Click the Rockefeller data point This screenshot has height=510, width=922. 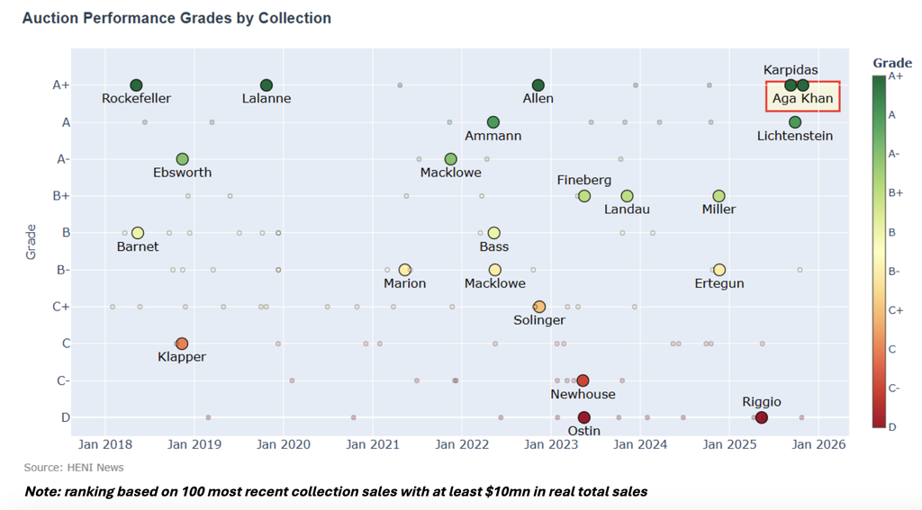pyautogui.click(x=136, y=85)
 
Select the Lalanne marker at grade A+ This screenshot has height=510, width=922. pyautogui.click(x=267, y=85)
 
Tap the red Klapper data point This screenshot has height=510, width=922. pyautogui.click(x=182, y=344)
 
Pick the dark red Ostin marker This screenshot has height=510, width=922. pyautogui.click(x=583, y=417)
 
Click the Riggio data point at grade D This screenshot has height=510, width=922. pyautogui.click(x=762, y=417)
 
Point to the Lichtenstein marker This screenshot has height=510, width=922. pyautogui.click(x=794, y=122)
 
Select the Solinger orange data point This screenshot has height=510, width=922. pyautogui.click(x=539, y=307)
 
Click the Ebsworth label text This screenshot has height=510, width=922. pyautogui.click(x=183, y=173)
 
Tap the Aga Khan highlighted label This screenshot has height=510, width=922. pyautogui.click(x=803, y=98)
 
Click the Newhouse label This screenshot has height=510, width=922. pyautogui.click(x=583, y=394)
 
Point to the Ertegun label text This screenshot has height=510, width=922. pyautogui.click(x=719, y=283)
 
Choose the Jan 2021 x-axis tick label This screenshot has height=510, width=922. pyautogui.click(x=373, y=444)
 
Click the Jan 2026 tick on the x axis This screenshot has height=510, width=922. pyautogui.click(x=817, y=444)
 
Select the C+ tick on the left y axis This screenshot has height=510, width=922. pyautogui.click(x=60, y=307)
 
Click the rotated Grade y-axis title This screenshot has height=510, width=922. pyautogui.click(x=31, y=243)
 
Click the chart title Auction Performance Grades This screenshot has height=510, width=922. pyautogui.click(x=176, y=18)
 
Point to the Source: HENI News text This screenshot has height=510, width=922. pyautogui.click(x=74, y=468)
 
